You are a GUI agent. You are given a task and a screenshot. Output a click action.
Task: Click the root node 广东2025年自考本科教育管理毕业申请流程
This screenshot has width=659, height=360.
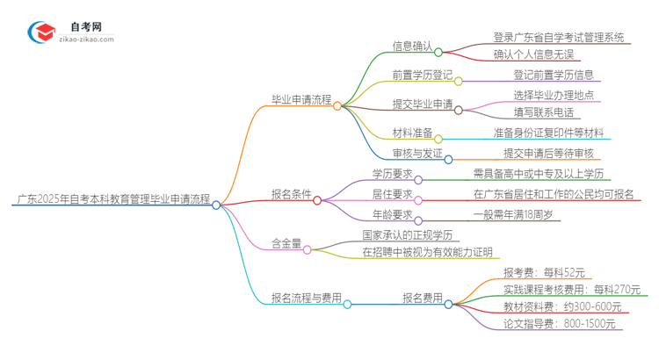[x=113, y=201]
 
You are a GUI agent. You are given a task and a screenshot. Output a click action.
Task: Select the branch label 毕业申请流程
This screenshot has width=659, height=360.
[x=301, y=101]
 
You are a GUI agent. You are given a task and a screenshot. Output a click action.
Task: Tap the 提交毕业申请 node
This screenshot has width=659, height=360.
[x=423, y=104]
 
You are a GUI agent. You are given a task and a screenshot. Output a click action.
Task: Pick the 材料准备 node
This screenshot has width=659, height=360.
[x=412, y=133]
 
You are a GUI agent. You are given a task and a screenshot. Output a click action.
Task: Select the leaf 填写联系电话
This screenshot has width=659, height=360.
[x=543, y=112]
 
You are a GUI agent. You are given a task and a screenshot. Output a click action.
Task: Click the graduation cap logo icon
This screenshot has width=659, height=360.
[x=42, y=32]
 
